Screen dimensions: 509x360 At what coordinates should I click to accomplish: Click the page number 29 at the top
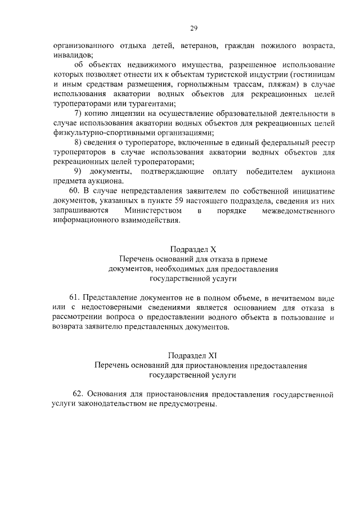tap(193, 28)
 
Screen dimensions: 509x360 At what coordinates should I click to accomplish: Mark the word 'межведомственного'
tap(299, 211)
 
